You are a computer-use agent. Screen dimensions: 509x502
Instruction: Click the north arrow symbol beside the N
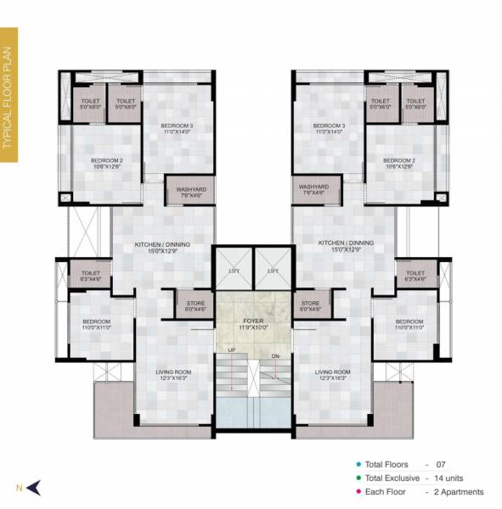pos(35,486)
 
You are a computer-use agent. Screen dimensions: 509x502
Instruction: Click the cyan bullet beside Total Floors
pos(358,465)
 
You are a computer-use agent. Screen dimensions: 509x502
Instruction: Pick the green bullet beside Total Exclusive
pos(358,478)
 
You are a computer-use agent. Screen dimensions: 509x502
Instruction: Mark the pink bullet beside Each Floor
pos(358,492)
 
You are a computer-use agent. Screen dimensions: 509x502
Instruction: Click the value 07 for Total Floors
pos(439,465)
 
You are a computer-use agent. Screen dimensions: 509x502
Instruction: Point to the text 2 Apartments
pos(458,492)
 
